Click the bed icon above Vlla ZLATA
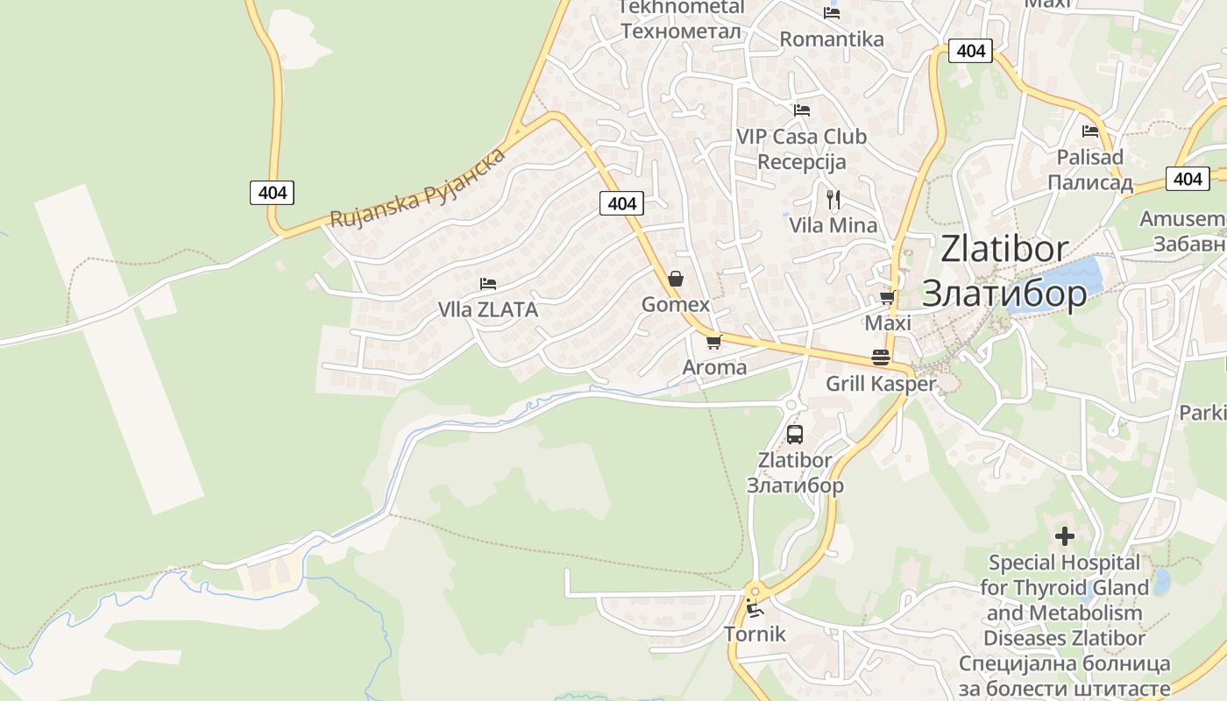tap(488, 284)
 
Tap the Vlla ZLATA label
tap(488, 309)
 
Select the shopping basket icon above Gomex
tap(676, 280)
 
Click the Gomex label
tap(676, 305)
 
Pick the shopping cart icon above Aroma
tap(713, 342)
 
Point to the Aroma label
tap(714, 367)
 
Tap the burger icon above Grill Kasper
tap(881, 358)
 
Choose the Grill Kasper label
tap(881, 384)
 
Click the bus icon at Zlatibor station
tap(795, 434)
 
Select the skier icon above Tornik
tap(755, 608)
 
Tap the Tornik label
tap(755, 634)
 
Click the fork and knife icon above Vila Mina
tap(833, 200)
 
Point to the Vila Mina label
tap(833, 225)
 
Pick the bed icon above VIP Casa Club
tap(801, 110)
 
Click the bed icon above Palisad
tap(1090, 131)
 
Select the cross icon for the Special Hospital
tap(1065, 535)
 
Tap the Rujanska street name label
tap(418, 188)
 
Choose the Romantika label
tap(832, 39)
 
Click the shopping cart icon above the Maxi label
tap(888, 298)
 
